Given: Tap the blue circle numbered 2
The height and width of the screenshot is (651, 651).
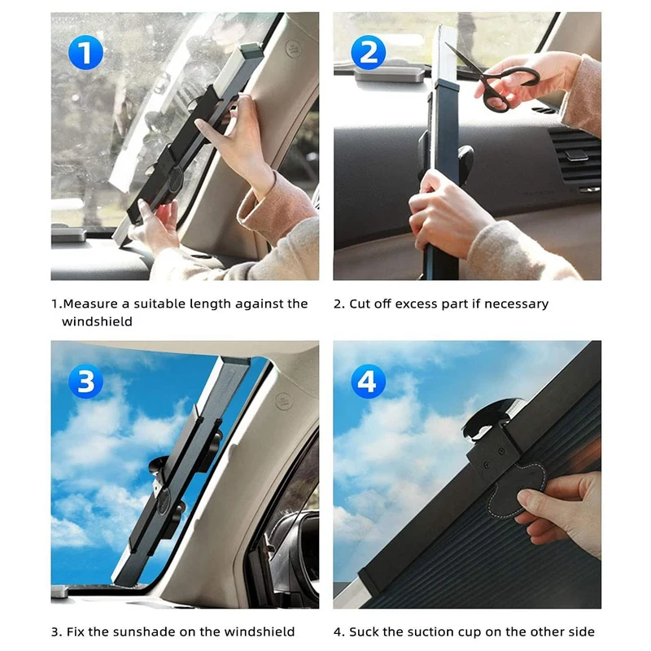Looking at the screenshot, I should coord(368,53).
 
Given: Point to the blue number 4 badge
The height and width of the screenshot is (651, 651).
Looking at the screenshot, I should coord(368,382).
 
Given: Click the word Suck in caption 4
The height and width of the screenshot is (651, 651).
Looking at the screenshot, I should coord(365,631).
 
